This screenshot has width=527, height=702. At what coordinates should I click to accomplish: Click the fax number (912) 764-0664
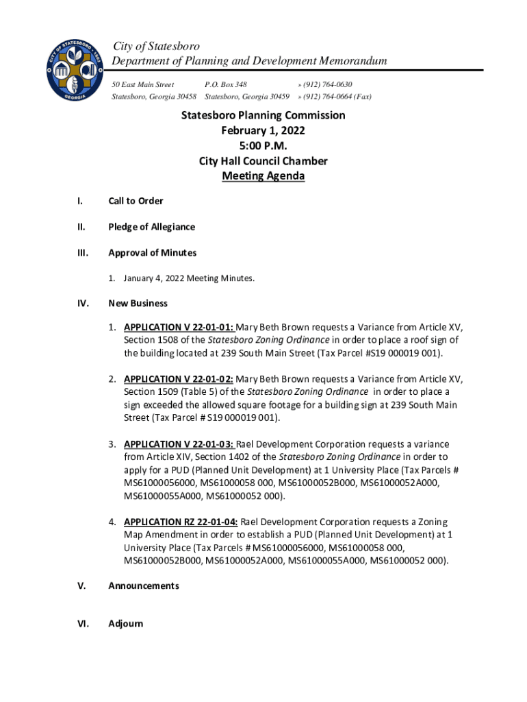pos(337,97)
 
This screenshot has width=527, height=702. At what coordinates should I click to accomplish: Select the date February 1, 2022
pos(263,130)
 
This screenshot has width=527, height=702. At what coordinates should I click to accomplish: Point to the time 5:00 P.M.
pos(263,146)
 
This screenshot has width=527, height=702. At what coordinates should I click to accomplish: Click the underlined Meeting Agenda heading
pos(263,176)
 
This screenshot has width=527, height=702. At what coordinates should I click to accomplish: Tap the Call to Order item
pos(136,201)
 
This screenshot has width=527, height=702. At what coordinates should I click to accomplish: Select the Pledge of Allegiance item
pos(151,227)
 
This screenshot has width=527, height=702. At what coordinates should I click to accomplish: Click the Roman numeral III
pos(82,253)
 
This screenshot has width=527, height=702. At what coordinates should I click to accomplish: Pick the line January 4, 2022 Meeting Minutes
pos(189,278)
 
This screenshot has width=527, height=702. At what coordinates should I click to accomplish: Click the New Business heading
pos(138,303)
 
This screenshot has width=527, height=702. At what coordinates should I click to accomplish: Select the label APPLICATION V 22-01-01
pos(179,327)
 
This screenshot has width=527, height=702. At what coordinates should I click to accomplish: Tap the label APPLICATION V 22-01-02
pos(179,378)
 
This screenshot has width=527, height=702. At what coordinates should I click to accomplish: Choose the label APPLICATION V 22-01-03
pos(179,444)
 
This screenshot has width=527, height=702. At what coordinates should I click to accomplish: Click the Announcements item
pos(144,586)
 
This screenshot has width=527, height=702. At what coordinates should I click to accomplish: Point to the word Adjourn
pos(126,624)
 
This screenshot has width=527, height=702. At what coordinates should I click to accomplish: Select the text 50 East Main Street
pos(142,84)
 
